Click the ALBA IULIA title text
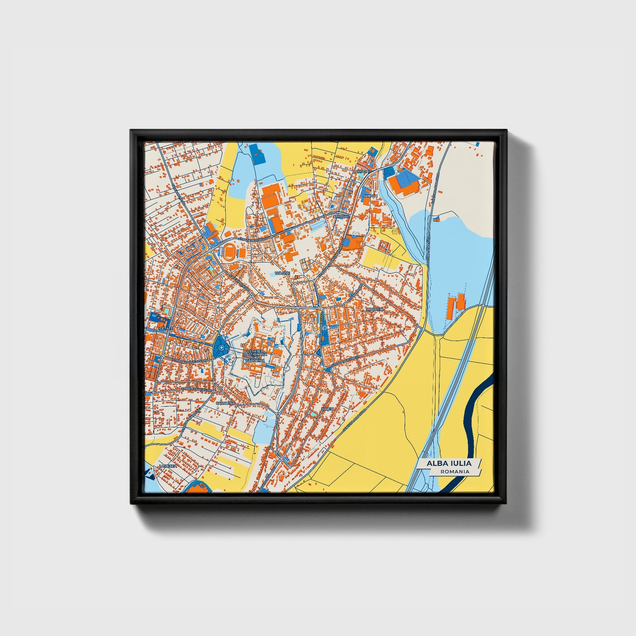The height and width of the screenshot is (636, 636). pos(448,463)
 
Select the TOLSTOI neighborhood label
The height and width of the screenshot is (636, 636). pos(283,273)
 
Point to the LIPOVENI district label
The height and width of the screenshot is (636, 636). pos(375,309)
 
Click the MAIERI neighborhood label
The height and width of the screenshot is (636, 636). pos(328,409)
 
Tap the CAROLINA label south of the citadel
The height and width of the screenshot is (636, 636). pos(225,403)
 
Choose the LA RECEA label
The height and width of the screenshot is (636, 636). pos(168,466)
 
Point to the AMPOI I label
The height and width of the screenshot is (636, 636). pos(371,195)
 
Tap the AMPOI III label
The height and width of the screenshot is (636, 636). pos(341,217)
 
